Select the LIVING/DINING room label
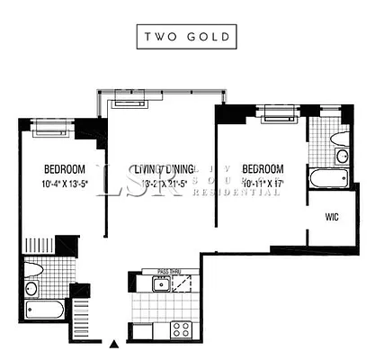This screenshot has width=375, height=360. pos(162,170)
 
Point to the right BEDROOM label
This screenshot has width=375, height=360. pos(263,169)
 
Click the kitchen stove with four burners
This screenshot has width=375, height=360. pos(180,328)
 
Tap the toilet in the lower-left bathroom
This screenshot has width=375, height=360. pos(34,268)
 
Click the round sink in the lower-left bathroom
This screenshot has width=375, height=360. pos(31,289)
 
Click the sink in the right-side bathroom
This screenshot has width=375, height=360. pos(342,157)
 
